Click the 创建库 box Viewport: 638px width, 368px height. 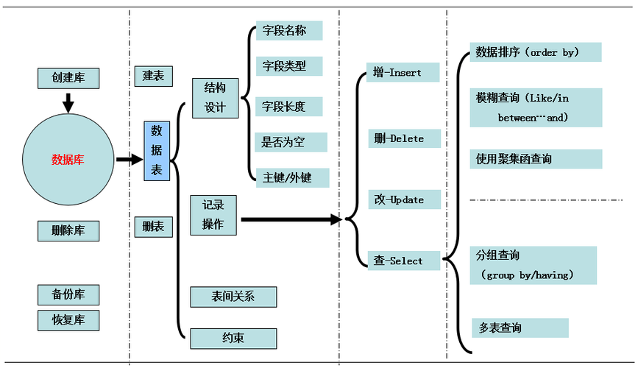[x=68, y=78]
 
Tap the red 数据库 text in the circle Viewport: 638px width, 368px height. [x=68, y=160]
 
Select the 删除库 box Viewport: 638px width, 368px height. [x=68, y=230]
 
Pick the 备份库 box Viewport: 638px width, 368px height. [x=68, y=294]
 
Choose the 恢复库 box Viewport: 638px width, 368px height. [x=68, y=320]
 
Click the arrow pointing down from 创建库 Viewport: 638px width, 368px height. [x=68, y=102]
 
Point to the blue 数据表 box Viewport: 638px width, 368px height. [x=157, y=151]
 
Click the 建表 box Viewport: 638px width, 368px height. [x=153, y=76]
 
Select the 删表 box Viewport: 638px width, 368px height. [x=153, y=227]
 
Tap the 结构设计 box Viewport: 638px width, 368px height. [x=215, y=98]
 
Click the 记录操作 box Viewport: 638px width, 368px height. [x=213, y=215]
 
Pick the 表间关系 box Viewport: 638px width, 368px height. [x=233, y=297]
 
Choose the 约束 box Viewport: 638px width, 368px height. [x=233, y=339]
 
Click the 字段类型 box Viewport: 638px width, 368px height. [x=290, y=66]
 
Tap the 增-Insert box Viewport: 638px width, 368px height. [x=403, y=72]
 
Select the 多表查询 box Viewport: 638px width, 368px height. [x=520, y=328]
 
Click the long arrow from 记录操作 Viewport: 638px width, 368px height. [x=291, y=219]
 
